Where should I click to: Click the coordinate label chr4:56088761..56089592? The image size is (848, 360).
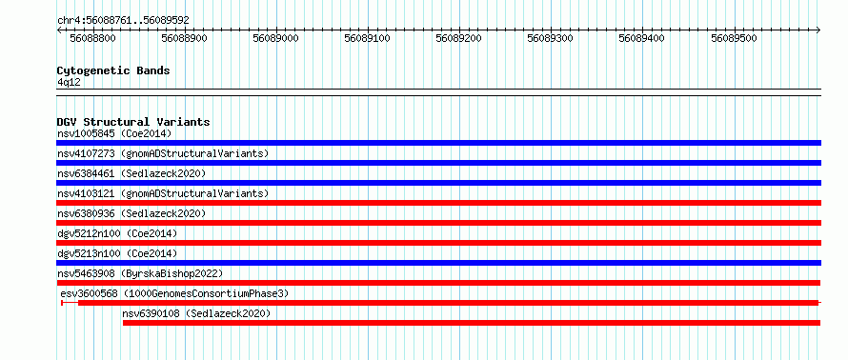point(123,21)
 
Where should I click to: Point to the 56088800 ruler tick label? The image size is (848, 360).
point(93,39)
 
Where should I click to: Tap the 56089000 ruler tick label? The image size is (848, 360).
point(276,39)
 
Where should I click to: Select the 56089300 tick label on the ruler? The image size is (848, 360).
point(551,39)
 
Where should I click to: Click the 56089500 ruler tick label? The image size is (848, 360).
point(734,39)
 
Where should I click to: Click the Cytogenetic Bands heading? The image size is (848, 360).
point(113,70)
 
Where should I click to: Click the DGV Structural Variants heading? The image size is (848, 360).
point(133,122)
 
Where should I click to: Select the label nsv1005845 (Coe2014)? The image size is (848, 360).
point(114,133)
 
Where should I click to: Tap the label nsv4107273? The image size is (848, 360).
point(86,153)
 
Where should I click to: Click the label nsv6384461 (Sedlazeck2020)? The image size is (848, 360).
point(131,173)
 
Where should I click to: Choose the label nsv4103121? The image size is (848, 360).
point(86,193)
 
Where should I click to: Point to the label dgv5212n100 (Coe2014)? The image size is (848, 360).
point(117,233)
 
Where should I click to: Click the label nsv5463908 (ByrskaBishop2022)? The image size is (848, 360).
point(140,273)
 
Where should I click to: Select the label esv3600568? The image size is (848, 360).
point(90,293)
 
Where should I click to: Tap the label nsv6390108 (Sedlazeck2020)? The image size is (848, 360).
point(196,313)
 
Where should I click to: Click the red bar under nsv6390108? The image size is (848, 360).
point(472,323)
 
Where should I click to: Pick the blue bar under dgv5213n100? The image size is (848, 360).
point(438,263)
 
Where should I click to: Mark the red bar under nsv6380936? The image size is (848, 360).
point(438,223)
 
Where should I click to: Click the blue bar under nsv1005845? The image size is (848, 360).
point(438,143)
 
